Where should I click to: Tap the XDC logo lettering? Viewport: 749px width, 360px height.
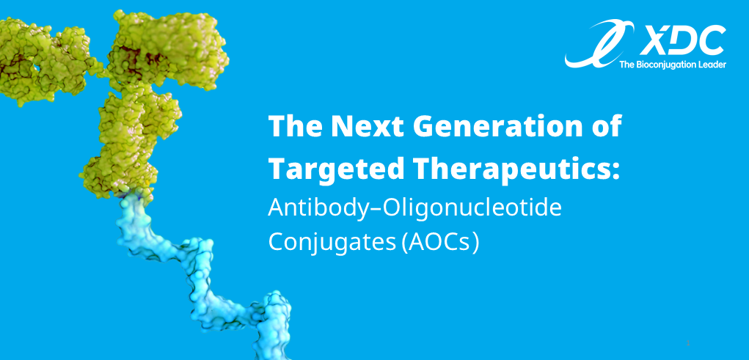[682, 40]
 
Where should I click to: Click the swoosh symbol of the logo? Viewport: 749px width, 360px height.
[598, 44]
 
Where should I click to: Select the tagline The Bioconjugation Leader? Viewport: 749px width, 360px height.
[673, 64]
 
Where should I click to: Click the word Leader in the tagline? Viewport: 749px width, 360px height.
[712, 64]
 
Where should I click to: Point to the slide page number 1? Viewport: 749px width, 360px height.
[688, 343]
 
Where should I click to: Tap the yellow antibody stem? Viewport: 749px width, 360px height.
[129, 143]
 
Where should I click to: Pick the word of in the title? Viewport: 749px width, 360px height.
[611, 126]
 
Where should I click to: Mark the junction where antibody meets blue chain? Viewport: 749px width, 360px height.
[133, 195]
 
